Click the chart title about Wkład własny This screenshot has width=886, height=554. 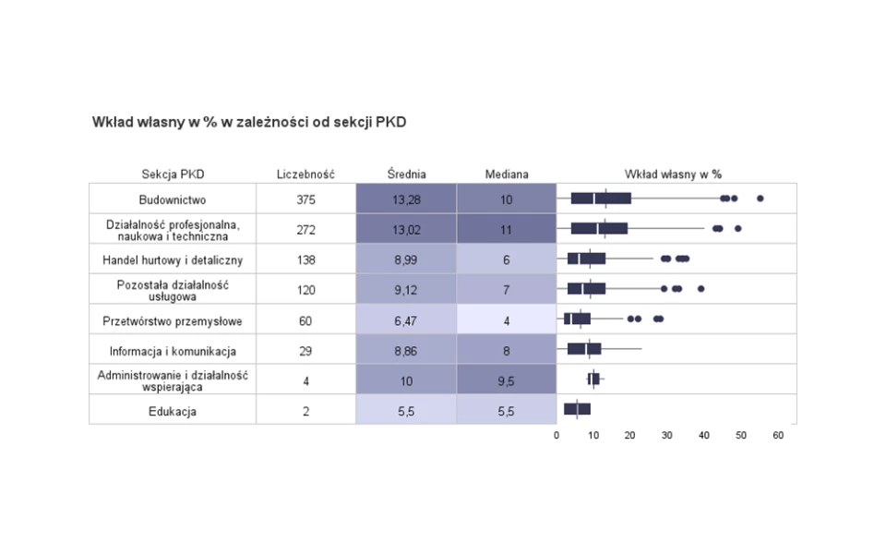pyautogui.click(x=249, y=122)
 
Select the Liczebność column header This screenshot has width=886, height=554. pyautogui.click(x=305, y=174)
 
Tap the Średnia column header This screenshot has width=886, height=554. pyautogui.click(x=406, y=174)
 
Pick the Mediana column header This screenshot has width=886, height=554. pyautogui.click(x=507, y=174)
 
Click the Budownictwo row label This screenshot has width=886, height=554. pyautogui.click(x=173, y=199)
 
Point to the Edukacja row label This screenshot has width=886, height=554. pyautogui.click(x=173, y=412)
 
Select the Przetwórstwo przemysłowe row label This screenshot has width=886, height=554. pyautogui.click(x=173, y=321)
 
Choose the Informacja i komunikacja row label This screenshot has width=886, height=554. pyautogui.click(x=173, y=352)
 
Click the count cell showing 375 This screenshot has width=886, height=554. pyautogui.click(x=305, y=199)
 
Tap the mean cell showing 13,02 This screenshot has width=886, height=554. pyautogui.click(x=406, y=230)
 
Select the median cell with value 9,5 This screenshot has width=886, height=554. pyautogui.click(x=507, y=381)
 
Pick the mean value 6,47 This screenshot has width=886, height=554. pyautogui.click(x=406, y=321)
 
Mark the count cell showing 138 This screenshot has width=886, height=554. pyautogui.click(x=305, y=260)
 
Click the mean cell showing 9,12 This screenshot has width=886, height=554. pyautogui.click(x=406, y=290)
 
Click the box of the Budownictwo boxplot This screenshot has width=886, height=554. pyautogui.click(x=601, y=199)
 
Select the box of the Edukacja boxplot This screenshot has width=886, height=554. pyautogui.click(x=577, y=409)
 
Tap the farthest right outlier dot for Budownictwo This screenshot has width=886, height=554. pyautogui.click(x=760, y=199)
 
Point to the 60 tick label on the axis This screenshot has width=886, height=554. pyautogui.click(x=778, y=435)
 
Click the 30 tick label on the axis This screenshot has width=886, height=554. pyautogui.click(x=667, y=435)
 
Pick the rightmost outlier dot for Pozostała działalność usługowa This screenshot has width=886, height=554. pyautogui.click(x=701, y=289)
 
